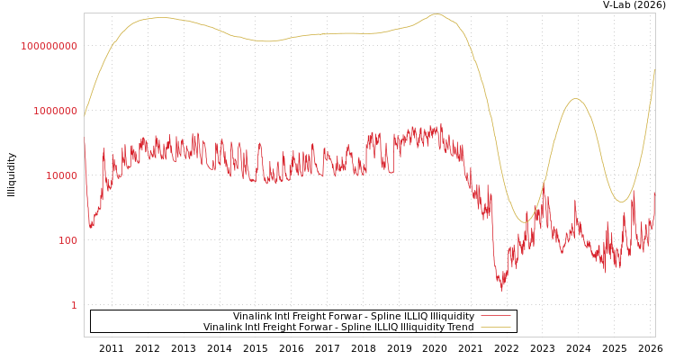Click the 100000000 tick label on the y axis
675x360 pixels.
[49, 46]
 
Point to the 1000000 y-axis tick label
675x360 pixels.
[55, 111]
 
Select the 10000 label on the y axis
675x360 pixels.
[61, 175]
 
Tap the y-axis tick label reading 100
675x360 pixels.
[67, 240]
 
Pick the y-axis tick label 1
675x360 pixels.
[74, 305]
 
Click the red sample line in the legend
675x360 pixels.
[496, 317]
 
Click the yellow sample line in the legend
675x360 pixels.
[496, 328]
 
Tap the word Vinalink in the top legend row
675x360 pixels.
[254, 317]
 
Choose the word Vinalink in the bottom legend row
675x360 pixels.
[224, 328]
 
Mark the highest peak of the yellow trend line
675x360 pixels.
[436, 13]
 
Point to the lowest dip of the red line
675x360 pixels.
[502, 289]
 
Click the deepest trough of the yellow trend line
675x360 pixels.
[526, 222]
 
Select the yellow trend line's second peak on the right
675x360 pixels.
[576, 99]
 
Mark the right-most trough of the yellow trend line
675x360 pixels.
[620, 202]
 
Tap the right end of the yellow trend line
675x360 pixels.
[654, 70]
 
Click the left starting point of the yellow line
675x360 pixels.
[85, 115]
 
